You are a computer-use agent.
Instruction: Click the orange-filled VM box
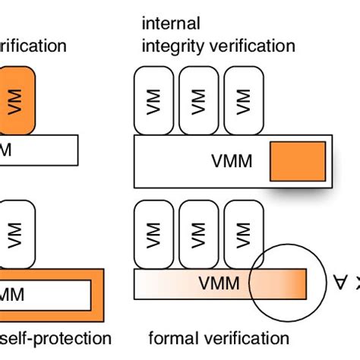[x=17, y=101]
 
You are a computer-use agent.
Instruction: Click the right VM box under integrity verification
[x=243, y=101]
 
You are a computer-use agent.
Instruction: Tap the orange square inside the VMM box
[x=298, y=161]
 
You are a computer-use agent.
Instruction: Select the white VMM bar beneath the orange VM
[x=38, y=150]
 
